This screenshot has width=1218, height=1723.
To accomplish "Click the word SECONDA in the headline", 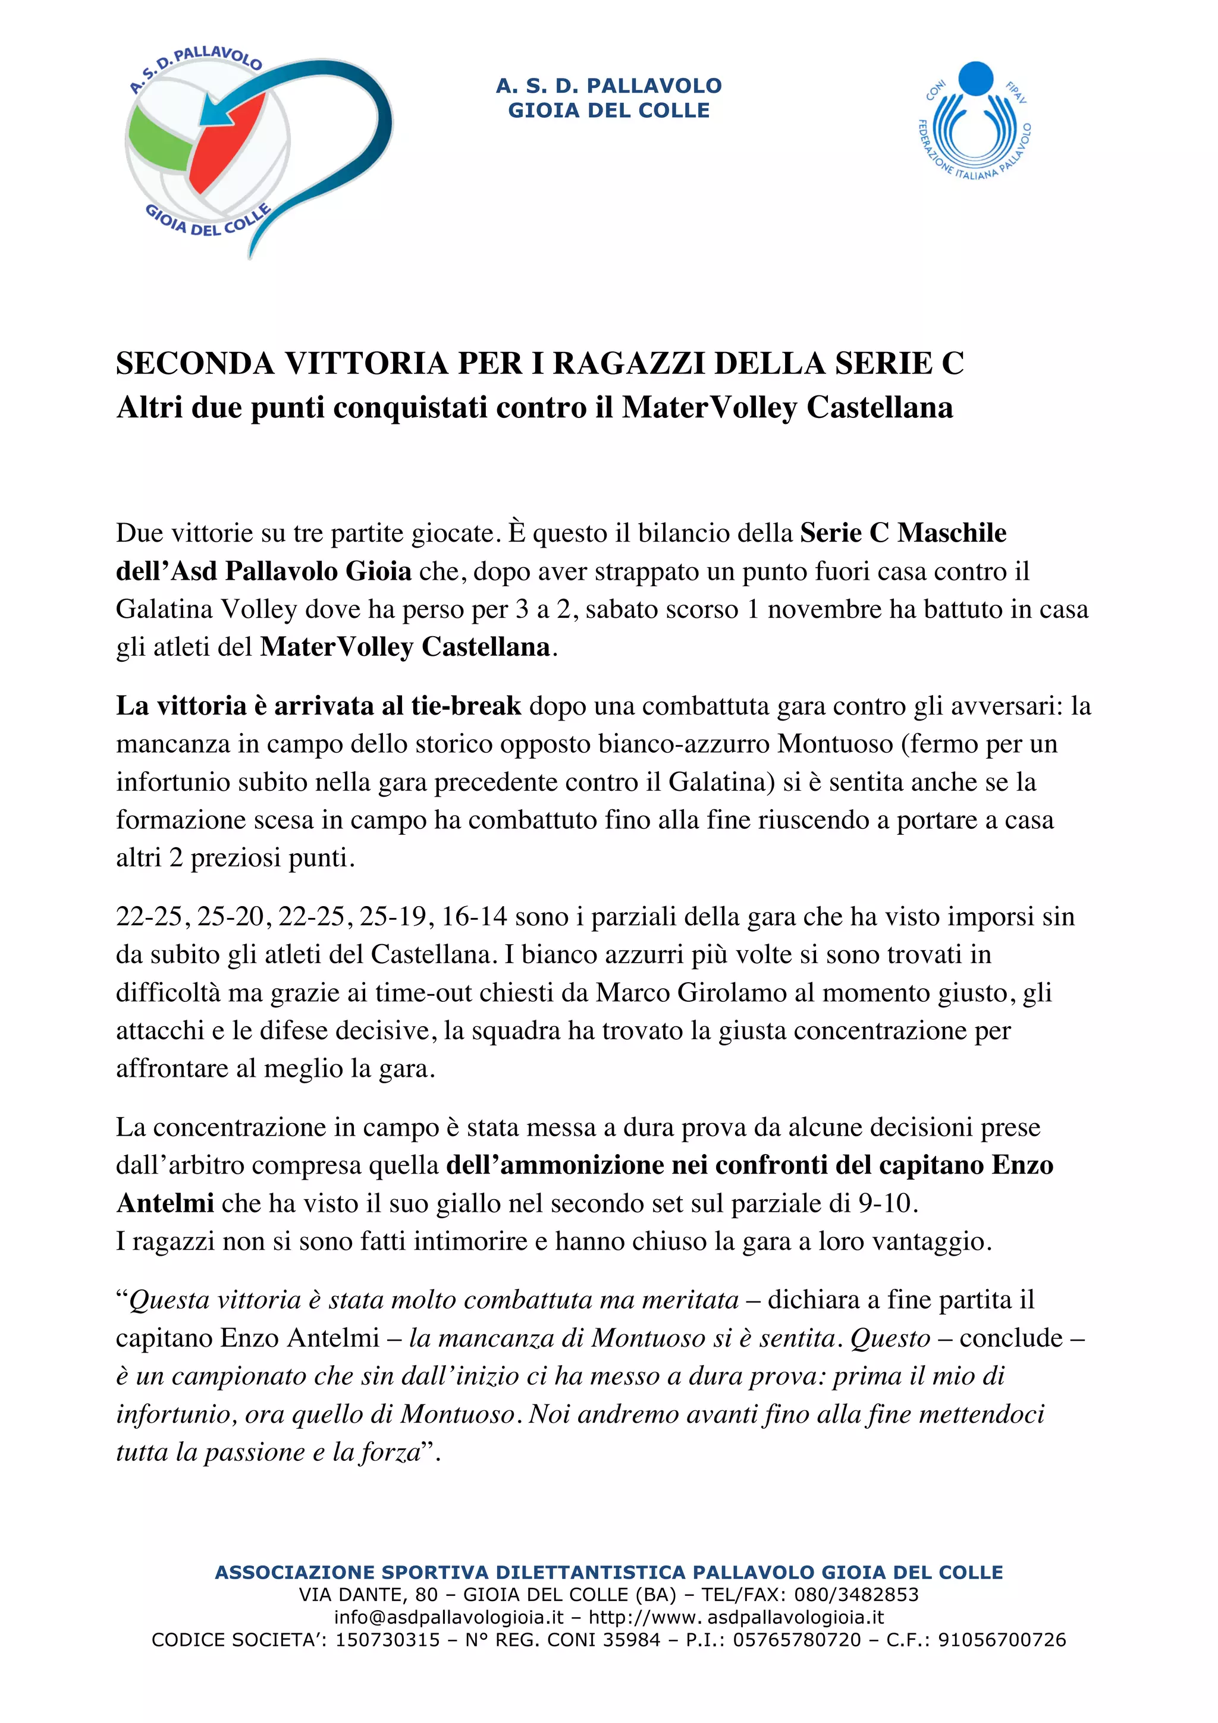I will click(x=194, y=364).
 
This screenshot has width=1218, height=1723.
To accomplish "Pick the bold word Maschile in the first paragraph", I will click(x=952, y=533).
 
